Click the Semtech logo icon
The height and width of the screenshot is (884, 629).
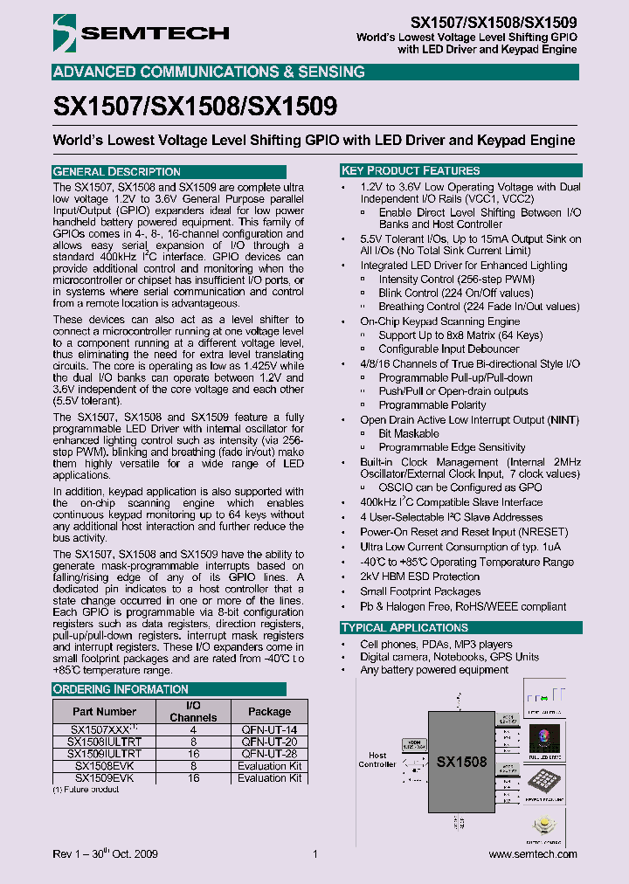pos(65,33)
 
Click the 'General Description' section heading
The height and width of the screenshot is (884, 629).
pos(117,171)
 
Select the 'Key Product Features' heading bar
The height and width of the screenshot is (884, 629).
pos(411,170)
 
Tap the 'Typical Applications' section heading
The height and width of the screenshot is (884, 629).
pos(404,627)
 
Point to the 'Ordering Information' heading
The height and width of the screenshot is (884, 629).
pos(108,689)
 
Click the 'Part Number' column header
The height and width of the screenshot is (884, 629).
pos(104,711)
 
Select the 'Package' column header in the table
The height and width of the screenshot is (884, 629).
pos(269,711)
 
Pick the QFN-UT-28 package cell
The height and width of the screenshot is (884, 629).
pos(269,753)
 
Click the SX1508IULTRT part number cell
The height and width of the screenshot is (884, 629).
pos(104,741)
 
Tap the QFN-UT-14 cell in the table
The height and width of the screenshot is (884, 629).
pos(269,729)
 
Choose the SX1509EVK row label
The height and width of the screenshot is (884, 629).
pos(104,777)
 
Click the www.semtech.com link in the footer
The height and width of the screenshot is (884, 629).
pos(532,854)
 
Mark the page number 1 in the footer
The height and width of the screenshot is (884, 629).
pos(314,854)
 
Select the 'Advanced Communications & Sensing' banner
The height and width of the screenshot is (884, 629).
pos(209,72)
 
